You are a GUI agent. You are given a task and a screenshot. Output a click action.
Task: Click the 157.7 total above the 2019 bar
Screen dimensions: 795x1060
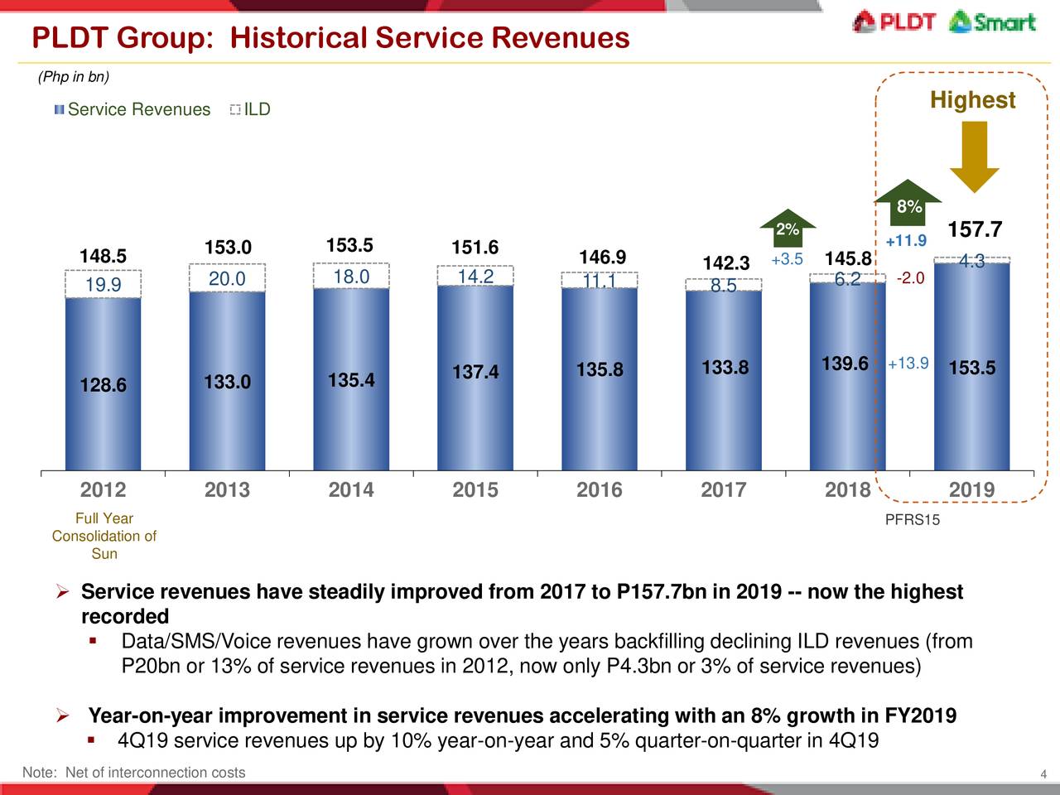[974, 229]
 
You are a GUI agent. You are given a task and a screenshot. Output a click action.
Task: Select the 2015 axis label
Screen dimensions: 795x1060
[475, 489]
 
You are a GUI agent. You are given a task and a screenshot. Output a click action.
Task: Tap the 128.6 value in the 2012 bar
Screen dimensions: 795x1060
[104, 386]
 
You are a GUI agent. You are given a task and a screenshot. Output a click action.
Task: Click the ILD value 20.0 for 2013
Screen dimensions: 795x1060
[227, 279]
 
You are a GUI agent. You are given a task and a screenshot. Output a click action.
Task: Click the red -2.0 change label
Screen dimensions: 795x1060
[910, 278]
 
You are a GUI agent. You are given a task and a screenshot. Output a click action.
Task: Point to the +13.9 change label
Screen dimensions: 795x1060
[908, 364]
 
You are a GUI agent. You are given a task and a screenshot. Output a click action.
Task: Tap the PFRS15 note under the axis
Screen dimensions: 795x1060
[913, 520]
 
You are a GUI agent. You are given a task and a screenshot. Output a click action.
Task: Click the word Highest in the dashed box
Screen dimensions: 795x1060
[972, 100]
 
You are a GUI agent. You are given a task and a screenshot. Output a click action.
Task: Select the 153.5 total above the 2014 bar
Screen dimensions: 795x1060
[349, 245]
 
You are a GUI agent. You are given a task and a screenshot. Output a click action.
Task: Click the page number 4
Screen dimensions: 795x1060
[1044, 774]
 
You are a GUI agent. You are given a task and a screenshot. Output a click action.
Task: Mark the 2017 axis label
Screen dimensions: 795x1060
[724, 489]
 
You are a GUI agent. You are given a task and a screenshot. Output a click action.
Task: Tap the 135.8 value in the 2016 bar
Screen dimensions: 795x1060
[600, 369]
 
